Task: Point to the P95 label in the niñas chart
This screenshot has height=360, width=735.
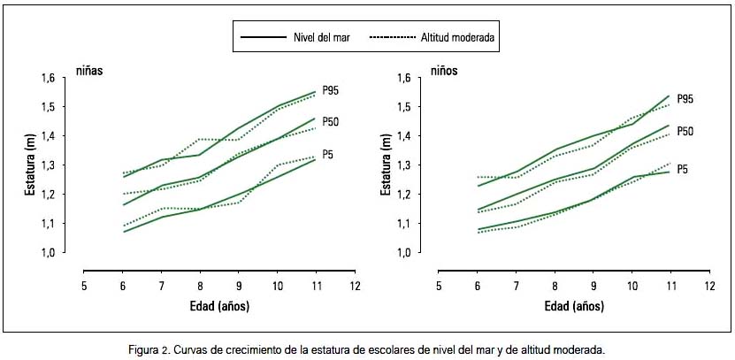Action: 331,90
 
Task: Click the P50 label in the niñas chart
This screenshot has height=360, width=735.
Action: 331,121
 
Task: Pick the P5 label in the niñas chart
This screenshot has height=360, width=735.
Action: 328,154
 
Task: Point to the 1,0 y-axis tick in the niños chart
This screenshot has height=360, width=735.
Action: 402,253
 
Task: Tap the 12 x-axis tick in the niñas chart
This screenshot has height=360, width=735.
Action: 355,287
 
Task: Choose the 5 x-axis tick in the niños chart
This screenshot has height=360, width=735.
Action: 438,287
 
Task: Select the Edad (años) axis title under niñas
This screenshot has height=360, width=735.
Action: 219,306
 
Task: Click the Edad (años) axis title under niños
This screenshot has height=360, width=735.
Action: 574,306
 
